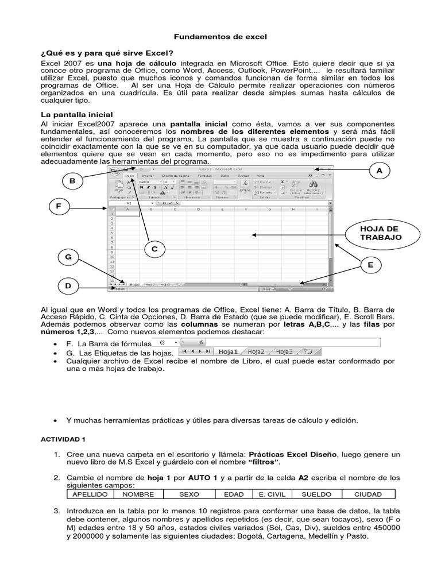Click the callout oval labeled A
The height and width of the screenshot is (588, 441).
click(378, 171)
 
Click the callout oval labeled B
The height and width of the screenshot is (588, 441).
click(72, 181)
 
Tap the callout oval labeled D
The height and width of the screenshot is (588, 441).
click(68, 285)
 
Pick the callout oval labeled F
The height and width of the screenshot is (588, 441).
click(59, 206)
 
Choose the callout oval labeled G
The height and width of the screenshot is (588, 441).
click(68, 258)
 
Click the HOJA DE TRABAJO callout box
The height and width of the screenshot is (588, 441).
click(380, 233)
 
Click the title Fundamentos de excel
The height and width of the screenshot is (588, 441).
click(220, 36)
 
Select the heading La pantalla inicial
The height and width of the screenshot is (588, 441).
click(77, 114)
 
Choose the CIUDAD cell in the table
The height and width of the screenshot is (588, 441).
click(367, 494)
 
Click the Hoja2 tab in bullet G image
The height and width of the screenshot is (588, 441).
click(256, 351)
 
